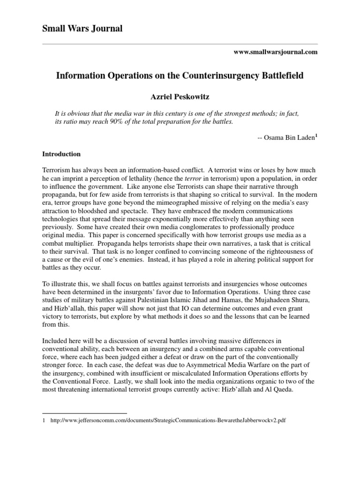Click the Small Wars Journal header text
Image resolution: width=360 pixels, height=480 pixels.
coord(82,29)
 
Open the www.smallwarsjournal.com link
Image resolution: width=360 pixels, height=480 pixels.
coord(275,52)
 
